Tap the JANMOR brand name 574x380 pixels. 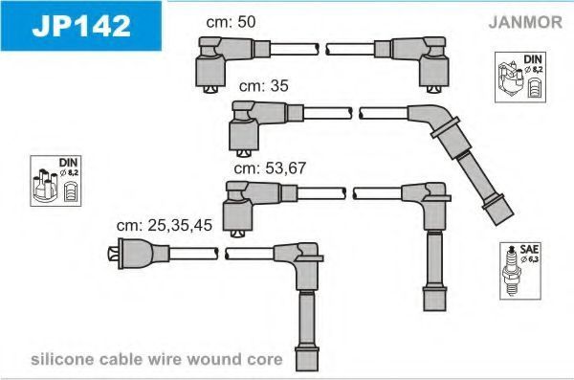click(x=525, y=22)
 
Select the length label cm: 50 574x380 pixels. click(x=231, y=22)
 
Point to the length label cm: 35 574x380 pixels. click(x=264, y=86)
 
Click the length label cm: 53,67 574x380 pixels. click(x=270, y=168)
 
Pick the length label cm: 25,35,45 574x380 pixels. click(x=164, y=225)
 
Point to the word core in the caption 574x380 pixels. click(x=264, y=360)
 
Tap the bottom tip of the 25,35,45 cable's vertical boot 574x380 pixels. click(x=307, y=370)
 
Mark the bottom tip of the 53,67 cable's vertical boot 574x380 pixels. click(x=435, y=311)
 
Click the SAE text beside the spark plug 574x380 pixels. click(x=529, y=249)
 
